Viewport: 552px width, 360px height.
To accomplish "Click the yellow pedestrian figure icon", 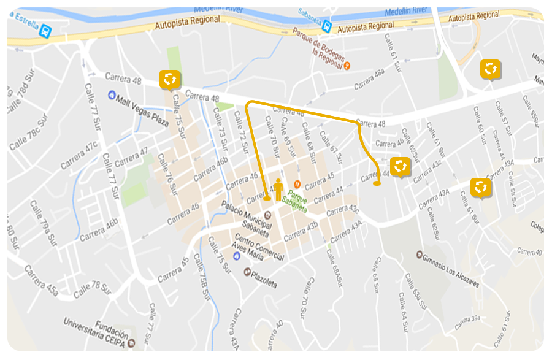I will pyautogui.click(x=278, y=190).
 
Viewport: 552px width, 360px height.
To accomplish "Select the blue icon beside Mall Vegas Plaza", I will pyautogui.click(x=111, y=95).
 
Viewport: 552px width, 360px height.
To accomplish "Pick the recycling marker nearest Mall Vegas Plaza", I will pyautogui.click(x=170, y=79).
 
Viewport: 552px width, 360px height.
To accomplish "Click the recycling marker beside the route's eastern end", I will pyautogui.click(x=400, y=166).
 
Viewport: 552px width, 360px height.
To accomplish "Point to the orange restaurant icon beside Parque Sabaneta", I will pyautogui.click(x=297, y=184).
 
